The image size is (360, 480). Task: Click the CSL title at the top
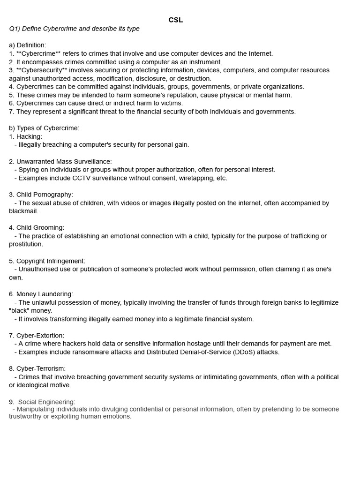pyautogui.click(x=176, y=20)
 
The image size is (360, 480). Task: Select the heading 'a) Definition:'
pyautogui.click(x=28, y=45)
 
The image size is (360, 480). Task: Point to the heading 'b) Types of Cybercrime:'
pyautogui.click(x=44, y=128)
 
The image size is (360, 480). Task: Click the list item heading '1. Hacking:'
pyautogui.click(x=25, y=136)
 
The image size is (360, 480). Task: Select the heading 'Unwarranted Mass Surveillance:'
pyautogui.click(x=64, y=162)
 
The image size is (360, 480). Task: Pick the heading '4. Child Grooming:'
pyautogui.click(x=37, y=228)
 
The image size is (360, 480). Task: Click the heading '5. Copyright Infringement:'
pyautogui.click(x=47, y=261)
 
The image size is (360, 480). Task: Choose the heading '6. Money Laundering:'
pyautogui.click(x=41, y=294)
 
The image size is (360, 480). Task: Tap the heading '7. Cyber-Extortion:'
pyautogui.click(x=37, y=336)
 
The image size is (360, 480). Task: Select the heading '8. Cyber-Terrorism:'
pyautogui.click(x=37, y=369)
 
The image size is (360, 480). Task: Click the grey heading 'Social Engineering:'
pyautogui.click(x=46, y=402)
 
